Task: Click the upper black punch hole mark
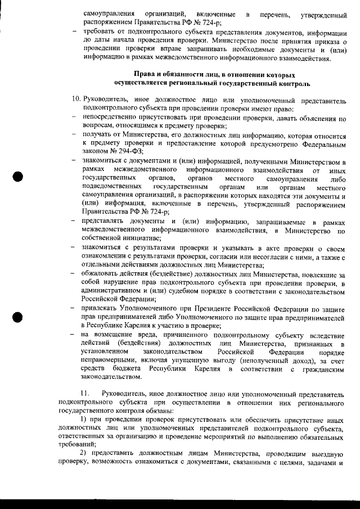19,177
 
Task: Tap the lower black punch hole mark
19,317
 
